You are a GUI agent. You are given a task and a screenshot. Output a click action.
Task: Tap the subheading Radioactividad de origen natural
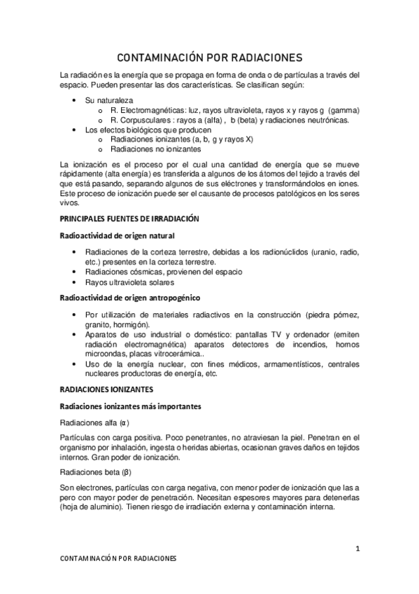(x=116, y=236)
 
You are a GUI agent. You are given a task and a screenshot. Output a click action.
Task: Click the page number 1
(x=357, y=548)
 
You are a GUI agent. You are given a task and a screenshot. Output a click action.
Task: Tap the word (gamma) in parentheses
(x=343, y=111)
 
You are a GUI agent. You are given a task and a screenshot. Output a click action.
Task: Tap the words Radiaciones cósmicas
(x=124, y=272)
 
